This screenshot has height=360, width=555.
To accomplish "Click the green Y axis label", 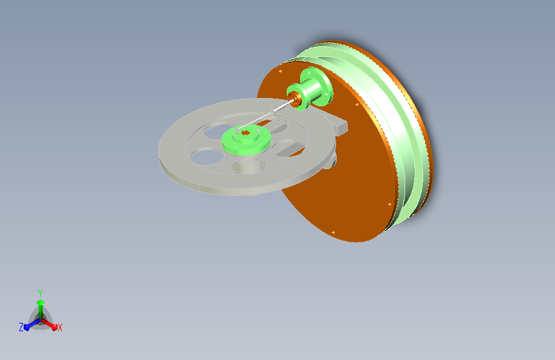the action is coord(40,293).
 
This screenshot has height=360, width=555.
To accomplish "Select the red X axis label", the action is coord(60,328).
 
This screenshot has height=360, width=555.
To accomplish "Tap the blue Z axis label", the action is coord(21,327).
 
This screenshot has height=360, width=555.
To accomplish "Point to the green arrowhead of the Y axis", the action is coord(41,302).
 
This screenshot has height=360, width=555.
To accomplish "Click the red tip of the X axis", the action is coord(54,327).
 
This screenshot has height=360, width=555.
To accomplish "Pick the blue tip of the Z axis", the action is coord(27,327).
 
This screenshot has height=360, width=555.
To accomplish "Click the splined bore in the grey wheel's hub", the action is coord(245,133).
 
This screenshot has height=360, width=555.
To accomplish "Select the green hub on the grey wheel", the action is coord(246,141).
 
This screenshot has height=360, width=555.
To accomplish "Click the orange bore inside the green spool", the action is coord(293,98).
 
